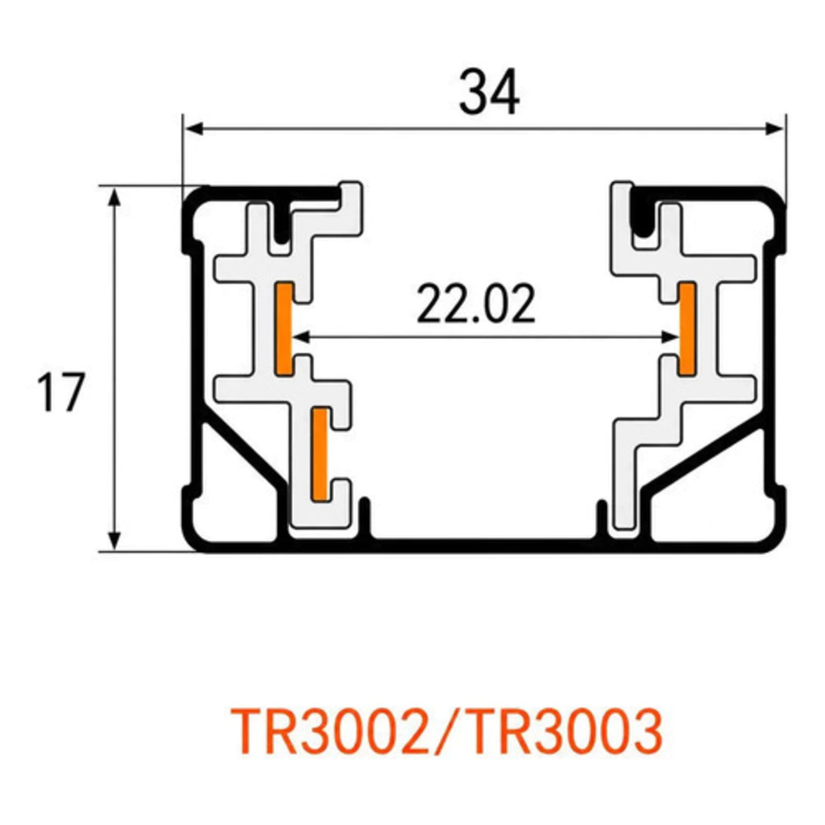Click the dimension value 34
489,92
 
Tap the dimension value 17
60,392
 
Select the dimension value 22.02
475,303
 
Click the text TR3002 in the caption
330,732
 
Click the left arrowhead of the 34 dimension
195,128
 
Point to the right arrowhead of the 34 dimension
774,128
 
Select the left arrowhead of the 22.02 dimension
301,337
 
